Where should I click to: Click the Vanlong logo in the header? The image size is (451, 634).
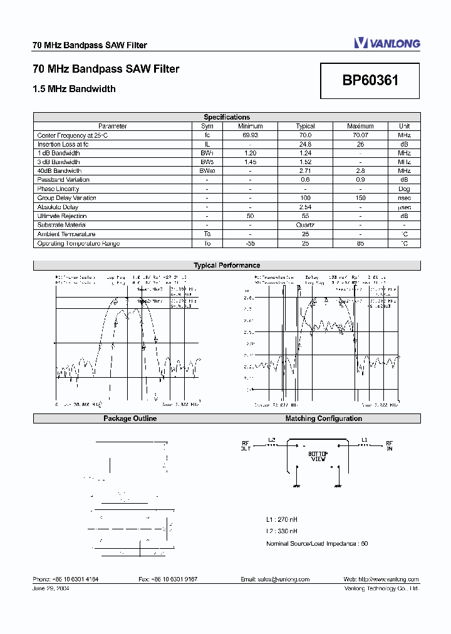point(386,43)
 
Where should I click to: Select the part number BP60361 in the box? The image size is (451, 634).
point(370,81)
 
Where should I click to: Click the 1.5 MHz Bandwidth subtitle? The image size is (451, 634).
point(74,89)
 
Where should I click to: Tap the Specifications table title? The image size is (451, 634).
point(227,117)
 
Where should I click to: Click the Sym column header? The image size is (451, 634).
point(207,126)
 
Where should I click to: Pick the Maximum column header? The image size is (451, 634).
point(360,126)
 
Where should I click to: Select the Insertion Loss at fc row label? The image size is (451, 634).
point(63,144)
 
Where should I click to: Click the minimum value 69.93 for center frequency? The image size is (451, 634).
point(250,135)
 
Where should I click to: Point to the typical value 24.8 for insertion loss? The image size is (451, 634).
point(305,144)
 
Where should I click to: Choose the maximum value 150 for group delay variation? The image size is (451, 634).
point(360,198)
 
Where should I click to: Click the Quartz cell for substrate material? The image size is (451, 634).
point(305,225)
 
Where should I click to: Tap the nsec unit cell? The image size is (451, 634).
point(404,198)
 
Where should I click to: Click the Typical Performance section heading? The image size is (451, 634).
point(227,266)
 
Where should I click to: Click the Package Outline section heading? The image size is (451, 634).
point(130,418)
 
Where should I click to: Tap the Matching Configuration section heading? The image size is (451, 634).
point(323,418)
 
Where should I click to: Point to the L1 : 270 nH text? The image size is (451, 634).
point(282,519)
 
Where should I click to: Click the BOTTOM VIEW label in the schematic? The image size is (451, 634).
point(318,456)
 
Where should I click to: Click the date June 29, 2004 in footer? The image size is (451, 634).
point(51,589)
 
